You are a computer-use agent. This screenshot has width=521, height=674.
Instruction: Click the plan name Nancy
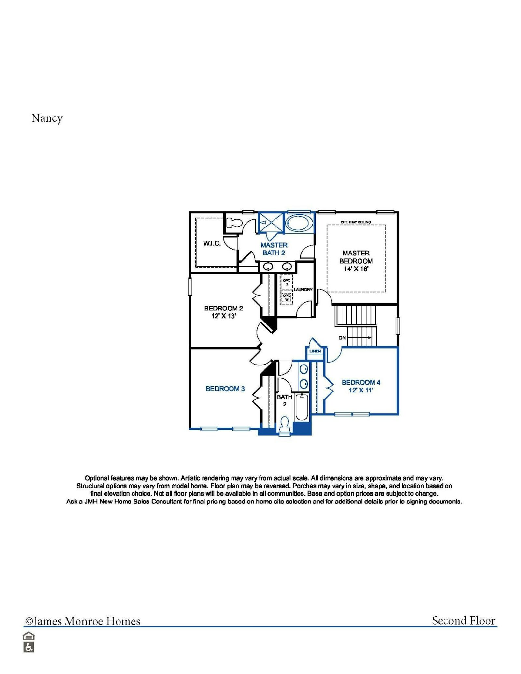pyautogui.click(x=47, y=118)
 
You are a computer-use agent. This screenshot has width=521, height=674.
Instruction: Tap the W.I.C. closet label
pyautogui.click(x=212, y=243)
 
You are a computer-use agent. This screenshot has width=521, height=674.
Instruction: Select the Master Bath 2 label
pyautogui.click(x=274, y=249)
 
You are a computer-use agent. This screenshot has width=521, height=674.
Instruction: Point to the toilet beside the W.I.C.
pyautogui.click(x=234, y=223)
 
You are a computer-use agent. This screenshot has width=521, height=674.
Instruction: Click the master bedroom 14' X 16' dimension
pyautogui.click(x=356, y=269)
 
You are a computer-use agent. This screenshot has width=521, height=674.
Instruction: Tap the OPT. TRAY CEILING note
pyautogui.click(x=356, y=222)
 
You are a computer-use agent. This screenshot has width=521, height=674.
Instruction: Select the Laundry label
pyautogui.click(x=303, y=289)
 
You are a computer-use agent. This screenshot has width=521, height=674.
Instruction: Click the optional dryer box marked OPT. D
pyautogui.click(x=287, y=282)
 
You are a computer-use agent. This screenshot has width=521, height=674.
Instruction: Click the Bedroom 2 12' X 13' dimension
pyautogui.click(x=224, y=316)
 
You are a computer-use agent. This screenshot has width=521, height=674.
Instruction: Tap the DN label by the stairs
pyautogui.click(x=342, y=338)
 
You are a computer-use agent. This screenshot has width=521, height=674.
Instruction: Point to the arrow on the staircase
pyautogui.click(x=369, y=337)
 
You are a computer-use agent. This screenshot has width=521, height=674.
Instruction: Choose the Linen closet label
pyautogui.click(x=315, y=351)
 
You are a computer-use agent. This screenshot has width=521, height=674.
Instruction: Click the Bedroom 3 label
pyautogui.click(x=225, y=389)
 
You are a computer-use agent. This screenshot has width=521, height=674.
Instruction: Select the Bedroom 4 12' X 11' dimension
pyautogui.click(x=361, y=390)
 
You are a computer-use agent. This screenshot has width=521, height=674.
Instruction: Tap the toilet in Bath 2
pyautogui.click(x=285, y=424)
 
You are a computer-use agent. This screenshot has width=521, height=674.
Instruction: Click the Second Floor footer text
pyautogui.click(x=463, y=621)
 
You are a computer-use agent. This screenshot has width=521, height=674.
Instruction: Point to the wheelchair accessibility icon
pyautogui.click(x=29, y=647)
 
